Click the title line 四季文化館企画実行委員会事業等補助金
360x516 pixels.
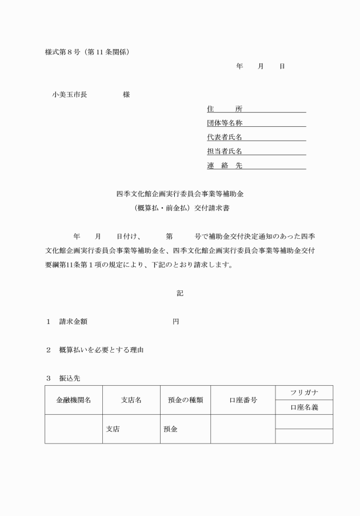(180, 194)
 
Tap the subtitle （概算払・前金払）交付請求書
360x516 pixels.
(180, 209)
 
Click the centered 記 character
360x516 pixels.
(180, 293)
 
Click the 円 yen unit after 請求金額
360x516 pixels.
(176, 322)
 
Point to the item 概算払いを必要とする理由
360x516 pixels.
(101, 350)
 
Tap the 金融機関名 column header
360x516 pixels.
(73, 400)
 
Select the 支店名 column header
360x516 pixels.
(131, 400)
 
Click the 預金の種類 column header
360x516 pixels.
(186, 400)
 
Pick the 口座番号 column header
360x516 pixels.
(243, 400)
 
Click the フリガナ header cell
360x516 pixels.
(304, 393)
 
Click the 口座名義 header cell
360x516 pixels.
(304, 407)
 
